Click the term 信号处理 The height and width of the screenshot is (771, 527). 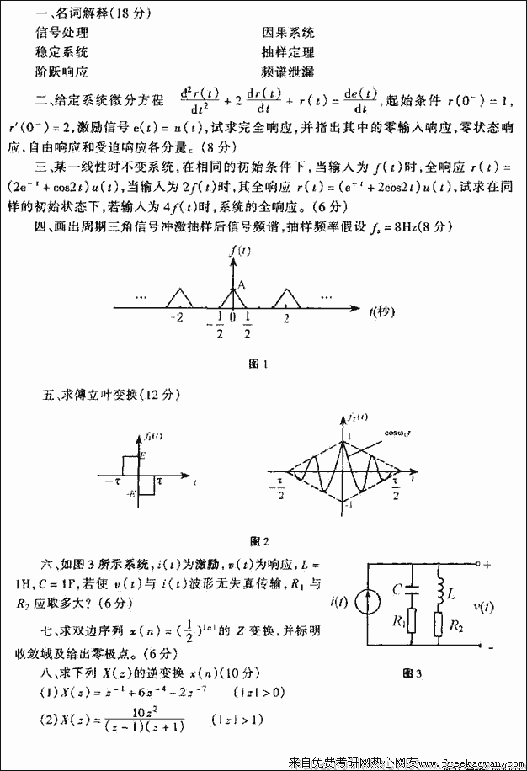pyautogui.click(x=62, y=33)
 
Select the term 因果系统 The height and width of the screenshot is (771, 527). pyautogui.click(x=288, y=33)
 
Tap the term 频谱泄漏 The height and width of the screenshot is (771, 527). pyautogui.click(x=288, y=72)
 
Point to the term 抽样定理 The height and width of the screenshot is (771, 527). pyautogui.click(x=288, y=52)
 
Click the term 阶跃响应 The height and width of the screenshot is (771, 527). pyautogui.click(x=62, y=72)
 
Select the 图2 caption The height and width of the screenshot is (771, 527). pyautogui.click(x=259, y=540)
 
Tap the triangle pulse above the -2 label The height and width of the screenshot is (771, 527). pyautogui.click(x=179, y=296)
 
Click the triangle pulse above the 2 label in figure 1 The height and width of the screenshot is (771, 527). pyautogui.click(x=287, y=296)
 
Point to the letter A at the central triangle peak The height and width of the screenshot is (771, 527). pyautogui.click(x=241, y=285)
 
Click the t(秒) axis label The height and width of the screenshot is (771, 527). pyautogui.click(x=382, y=312)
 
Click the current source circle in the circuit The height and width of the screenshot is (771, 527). pyautogui.click(x=367, y=601)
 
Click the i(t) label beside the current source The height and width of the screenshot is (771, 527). pyautogui.click(x=340, y=601)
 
